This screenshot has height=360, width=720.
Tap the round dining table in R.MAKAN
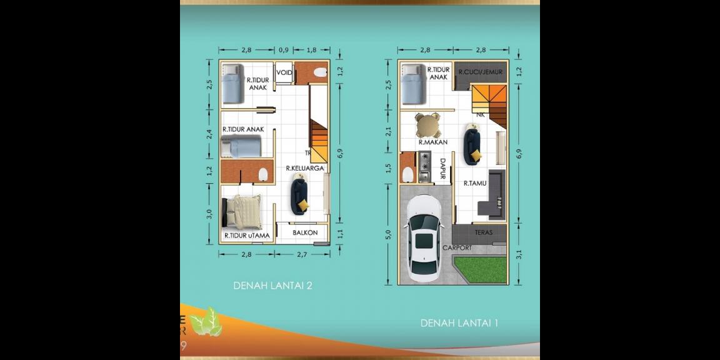428,125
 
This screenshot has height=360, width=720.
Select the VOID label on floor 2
284,72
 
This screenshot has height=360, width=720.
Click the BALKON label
305,232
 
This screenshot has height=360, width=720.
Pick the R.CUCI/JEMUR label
480,72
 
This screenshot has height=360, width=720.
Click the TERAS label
483,232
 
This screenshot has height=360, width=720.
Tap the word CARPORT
457,248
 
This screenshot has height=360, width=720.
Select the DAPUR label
442,169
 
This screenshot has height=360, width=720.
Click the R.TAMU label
475,183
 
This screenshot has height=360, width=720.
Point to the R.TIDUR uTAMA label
247,236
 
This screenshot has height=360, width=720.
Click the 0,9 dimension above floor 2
284,49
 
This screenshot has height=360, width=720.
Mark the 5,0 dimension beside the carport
388,234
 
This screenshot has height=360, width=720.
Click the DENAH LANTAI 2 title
272,286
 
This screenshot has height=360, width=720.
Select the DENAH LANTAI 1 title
459,323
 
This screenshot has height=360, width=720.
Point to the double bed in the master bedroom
243,212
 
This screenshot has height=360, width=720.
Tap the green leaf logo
206,322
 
